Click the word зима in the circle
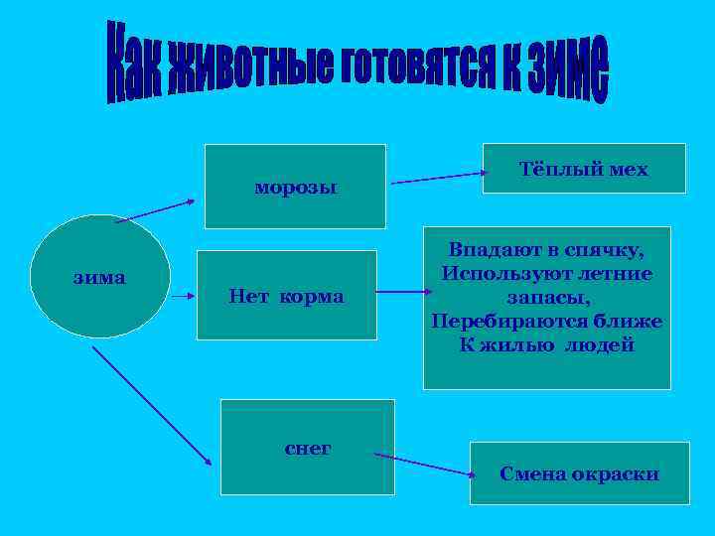(99, 277)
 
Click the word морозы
(295, 187)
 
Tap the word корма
(317, 296)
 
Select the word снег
(308, 449)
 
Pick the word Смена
(533, 473)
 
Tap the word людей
(599, 345)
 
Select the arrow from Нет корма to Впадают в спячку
(403, 293)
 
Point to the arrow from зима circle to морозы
(155, 210)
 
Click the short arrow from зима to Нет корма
(183, 294)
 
